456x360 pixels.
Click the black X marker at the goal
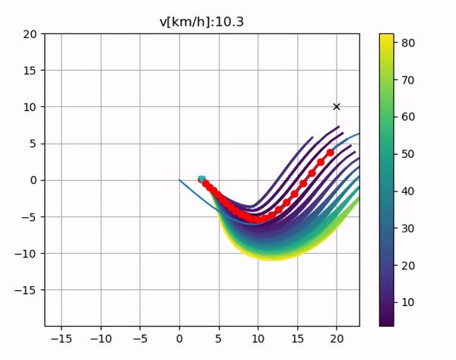pyautogui.click(x=337, y=107)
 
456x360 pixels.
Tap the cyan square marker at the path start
pyautogui.click(x=201, y=179)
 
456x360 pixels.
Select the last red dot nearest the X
pyautogui.click(x=330, y=153)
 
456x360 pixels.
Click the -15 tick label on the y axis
pyautogui.click(x=28, y=290)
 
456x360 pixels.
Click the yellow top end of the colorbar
pyautogui.click(x=386, y=36)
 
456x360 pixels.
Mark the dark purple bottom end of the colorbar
pyautogui.click(x=386, y=323)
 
